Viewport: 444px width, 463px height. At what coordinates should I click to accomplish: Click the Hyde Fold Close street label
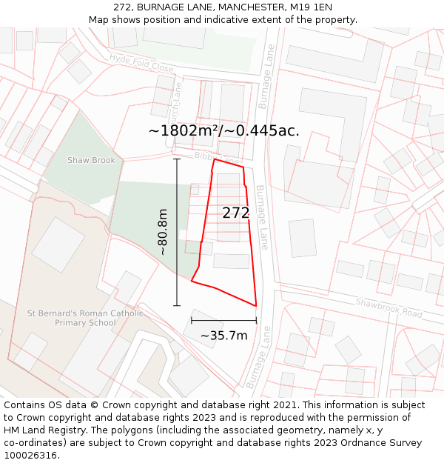(141, 64)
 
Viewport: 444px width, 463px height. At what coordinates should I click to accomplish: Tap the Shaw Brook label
(91, 160)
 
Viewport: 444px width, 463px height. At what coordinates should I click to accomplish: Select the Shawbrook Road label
(388, 307)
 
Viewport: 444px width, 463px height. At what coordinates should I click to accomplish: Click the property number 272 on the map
(236, 213)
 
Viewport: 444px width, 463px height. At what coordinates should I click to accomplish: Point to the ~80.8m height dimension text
(163, 232)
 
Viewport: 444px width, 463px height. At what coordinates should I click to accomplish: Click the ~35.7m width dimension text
(223, 336)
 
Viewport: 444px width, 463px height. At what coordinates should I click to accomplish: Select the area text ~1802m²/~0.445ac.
(223, 130)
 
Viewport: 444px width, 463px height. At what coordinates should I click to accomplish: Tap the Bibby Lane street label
(216, 158)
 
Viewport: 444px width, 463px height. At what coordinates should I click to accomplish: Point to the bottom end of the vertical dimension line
(176, 305)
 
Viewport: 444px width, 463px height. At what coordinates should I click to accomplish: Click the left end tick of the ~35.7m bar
(192, 321)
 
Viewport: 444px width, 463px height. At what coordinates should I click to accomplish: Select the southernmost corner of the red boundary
(256, 305)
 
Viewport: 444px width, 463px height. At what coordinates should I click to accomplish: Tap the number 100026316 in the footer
(30, 456)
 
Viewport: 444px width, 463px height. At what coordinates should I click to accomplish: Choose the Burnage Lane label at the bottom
(258, 358)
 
